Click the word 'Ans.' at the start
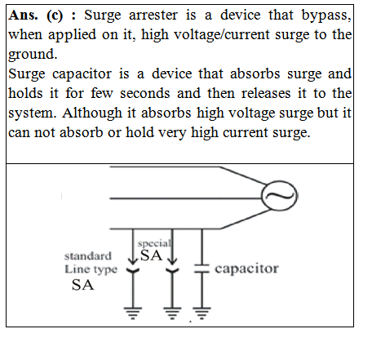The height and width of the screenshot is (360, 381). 23,16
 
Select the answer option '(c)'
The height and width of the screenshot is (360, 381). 55,16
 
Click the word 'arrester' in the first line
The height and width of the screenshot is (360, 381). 153,16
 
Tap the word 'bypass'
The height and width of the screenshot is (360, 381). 326,16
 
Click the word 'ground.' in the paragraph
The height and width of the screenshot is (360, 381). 33,55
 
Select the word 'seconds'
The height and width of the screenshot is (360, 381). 145,93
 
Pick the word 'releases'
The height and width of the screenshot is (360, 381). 266,93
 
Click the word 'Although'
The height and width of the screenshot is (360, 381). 92,113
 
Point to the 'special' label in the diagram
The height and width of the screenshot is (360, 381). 154,243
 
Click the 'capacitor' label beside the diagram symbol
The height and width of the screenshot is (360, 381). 246,269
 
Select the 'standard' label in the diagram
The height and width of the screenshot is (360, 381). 88,256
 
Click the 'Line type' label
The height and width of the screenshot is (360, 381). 91,269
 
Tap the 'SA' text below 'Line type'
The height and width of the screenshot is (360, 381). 82,285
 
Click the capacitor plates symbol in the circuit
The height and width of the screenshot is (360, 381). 202,269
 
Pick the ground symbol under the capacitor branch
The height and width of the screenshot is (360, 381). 202,313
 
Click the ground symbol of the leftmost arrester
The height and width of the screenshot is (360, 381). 133,313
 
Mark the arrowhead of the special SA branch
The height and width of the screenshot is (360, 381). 172,261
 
